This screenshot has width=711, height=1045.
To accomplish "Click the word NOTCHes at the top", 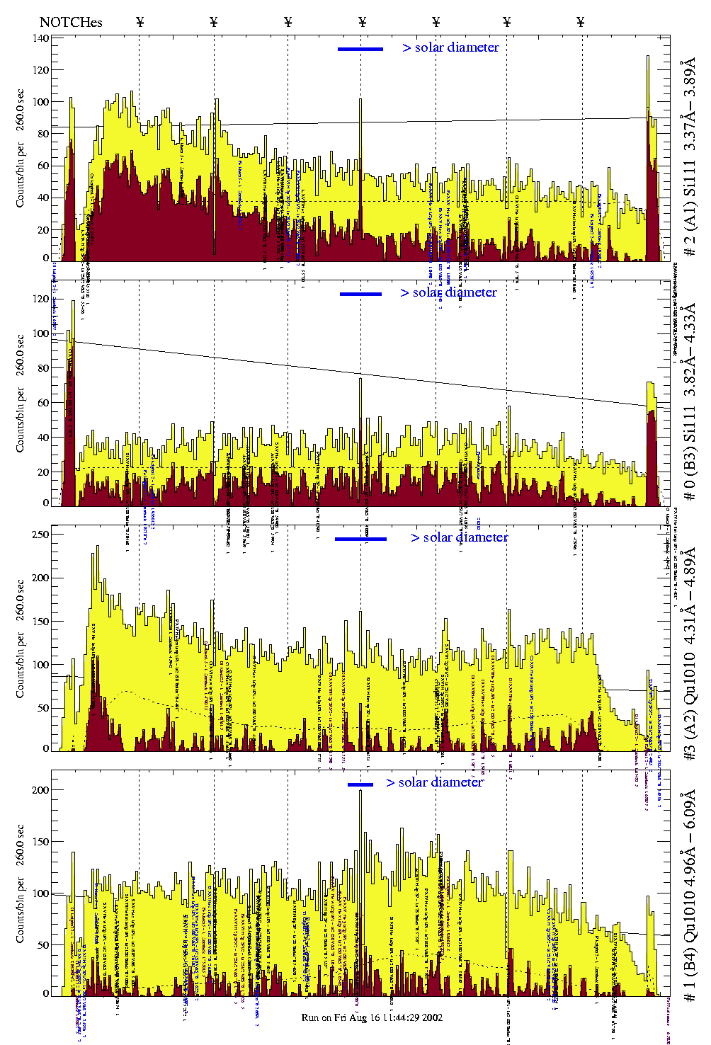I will [x=71, y=22].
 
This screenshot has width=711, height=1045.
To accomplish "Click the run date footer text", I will [x=372, y=1017].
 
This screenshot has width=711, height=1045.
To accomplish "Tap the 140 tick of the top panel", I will [x=41, y=38].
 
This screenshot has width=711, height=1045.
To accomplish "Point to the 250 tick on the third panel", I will [x=41, y=535].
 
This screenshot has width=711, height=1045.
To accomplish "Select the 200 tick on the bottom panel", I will [x=41, y=790].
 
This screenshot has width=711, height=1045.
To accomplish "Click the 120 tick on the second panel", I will [x=41, y=299].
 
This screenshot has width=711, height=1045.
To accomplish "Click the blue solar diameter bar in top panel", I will [x=360, y=49].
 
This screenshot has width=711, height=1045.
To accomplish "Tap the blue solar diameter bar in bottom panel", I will [x=360, y=784].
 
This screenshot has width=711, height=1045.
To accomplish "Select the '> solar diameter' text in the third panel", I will [x=459, y=537].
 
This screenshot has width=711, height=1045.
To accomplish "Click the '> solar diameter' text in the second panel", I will [x=448, y=292].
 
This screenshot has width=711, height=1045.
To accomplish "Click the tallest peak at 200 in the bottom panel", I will [x=360, y=792].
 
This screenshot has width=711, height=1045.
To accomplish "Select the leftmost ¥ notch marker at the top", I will [x=140, y=22].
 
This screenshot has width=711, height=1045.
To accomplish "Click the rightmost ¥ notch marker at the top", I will [x=581, y=22].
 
